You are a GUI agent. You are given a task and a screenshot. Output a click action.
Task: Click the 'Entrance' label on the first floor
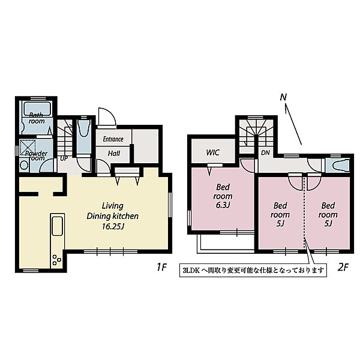(113, 139)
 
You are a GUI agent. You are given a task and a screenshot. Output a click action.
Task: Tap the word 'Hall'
(114, 154)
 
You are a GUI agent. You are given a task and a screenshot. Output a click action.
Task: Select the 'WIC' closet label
(213, 152)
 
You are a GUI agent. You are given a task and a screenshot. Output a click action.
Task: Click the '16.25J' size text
(113, 227)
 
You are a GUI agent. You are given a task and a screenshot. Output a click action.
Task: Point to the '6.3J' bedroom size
(223, 205)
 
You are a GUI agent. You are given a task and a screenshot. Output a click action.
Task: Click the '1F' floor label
(161, 267)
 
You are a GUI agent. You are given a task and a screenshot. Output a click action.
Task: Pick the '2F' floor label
(343, 267)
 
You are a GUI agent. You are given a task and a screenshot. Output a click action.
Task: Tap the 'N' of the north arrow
(283, 97)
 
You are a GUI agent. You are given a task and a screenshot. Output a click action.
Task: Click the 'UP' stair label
(64, 158)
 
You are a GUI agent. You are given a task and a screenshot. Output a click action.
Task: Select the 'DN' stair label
(265, 152)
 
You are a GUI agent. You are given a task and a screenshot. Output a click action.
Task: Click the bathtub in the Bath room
(37, 109)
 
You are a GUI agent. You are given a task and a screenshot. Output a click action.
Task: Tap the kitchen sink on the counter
(58, 226)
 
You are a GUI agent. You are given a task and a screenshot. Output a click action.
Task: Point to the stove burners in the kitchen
(57, 260)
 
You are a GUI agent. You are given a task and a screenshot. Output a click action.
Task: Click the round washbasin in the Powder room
(24, 165)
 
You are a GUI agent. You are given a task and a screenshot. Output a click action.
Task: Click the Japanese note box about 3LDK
(253, 270)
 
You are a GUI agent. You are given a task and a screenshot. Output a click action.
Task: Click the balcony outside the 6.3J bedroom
(226, 244)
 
